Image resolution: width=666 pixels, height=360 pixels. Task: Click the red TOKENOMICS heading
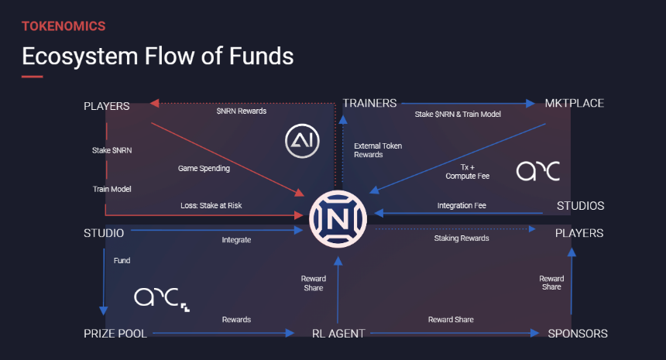pos(64,26)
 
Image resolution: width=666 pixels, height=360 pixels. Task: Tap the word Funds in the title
pos(261,56)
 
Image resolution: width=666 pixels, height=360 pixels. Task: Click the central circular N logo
pos(338,219)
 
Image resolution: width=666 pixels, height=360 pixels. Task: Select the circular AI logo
pos(303,141)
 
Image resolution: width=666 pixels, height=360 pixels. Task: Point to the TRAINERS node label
pos(369,103)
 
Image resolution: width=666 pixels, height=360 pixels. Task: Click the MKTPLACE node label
pos(575,103)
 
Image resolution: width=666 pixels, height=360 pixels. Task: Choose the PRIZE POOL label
pos(115,334)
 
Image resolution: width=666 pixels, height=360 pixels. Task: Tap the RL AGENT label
pos(338,334)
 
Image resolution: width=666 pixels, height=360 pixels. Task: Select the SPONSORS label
pos(578,334)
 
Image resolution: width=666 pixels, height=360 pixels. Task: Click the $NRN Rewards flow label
pos(242,111)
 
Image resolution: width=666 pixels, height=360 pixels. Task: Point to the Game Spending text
pos(204,169)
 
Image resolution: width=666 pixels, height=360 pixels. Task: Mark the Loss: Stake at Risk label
pos(211,205)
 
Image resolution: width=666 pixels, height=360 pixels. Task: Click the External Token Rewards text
pos(378,150)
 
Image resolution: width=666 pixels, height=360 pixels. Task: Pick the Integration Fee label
pos(462,205)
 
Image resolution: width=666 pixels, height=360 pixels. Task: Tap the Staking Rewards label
pos(462,238)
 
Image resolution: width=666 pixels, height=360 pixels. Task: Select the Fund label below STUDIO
pos(122,261)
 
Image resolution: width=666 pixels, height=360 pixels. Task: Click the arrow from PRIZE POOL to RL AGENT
pos(223,333)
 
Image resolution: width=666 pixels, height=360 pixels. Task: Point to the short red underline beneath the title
pos(33,77)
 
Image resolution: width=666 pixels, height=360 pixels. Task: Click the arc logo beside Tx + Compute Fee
pos(538,170)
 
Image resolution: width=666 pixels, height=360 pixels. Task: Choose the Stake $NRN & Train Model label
pos(458,115)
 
